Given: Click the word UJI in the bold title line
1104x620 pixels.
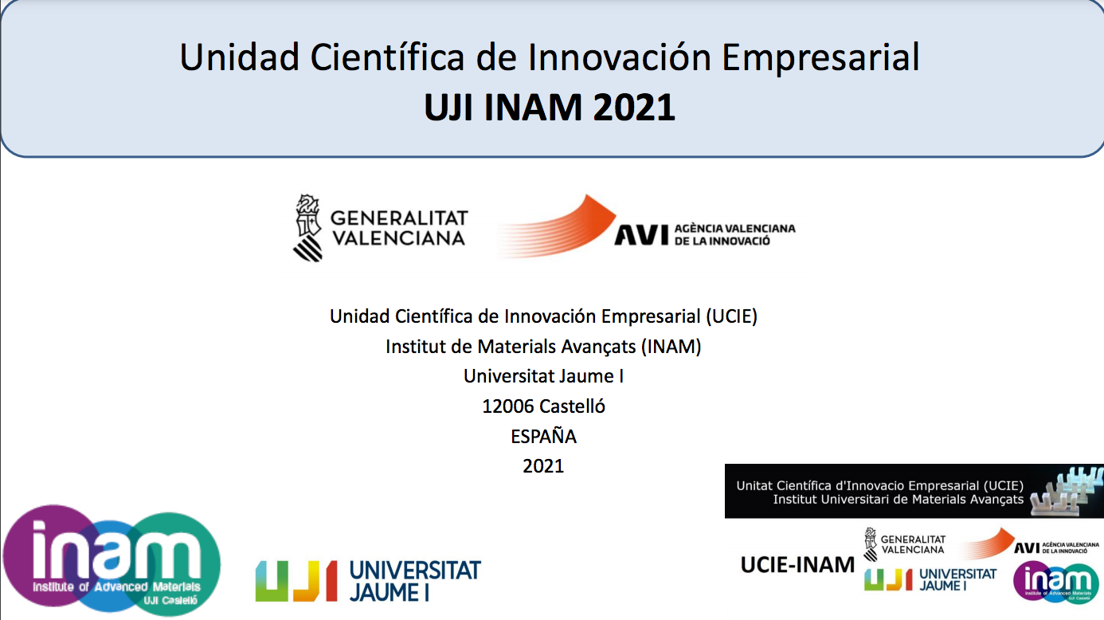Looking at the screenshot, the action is click(449, 107).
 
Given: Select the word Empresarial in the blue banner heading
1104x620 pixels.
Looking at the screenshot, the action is click(820, 57).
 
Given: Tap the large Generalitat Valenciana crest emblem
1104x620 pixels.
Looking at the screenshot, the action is click(308, 227).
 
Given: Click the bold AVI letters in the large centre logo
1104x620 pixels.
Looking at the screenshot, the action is click(640, 235).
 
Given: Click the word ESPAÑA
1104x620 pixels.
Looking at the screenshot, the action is click(543, 437).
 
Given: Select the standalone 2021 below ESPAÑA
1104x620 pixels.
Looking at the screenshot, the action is click(543, 466).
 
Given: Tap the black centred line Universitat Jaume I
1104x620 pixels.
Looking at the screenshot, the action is click(543, 376).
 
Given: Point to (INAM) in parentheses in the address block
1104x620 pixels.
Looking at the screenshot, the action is click(671, 347).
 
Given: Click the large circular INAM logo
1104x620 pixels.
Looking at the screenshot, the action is click(112, 559).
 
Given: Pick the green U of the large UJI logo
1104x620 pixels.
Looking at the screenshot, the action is click(272, 581).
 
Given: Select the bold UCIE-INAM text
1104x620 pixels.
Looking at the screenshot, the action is click(797, 565).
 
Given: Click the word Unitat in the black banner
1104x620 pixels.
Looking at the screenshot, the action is click(754, 486).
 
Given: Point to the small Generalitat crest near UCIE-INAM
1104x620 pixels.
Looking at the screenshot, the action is click(871, 544).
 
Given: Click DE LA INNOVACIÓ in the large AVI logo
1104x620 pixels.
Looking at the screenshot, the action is click(722, 241).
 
